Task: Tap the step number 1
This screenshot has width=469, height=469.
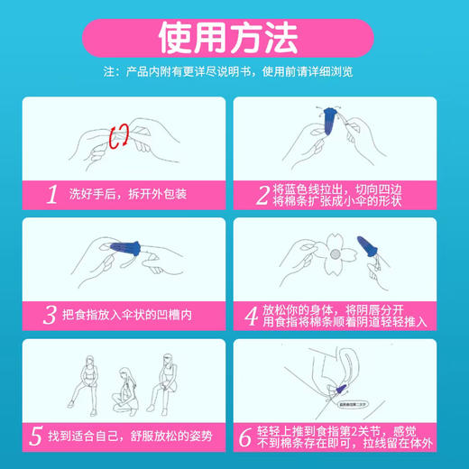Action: (x=51, y=194)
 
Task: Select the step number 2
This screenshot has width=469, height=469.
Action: (x=263, y=194)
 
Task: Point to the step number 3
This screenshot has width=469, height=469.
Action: (x=51, y=316)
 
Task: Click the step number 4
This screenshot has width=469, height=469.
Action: (x=263, y=316)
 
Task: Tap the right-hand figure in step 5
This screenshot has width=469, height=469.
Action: (x=167, y=374)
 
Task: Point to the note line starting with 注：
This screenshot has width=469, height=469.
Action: (x=234, y=72)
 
